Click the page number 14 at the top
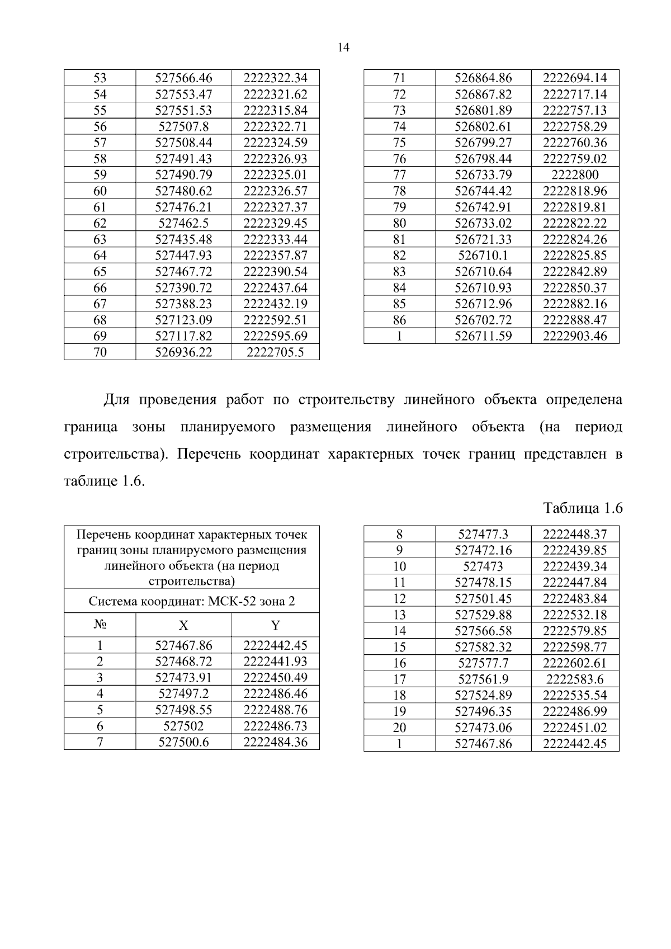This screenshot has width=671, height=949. tap(343, 48)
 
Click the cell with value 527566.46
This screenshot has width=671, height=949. tap(183, 78)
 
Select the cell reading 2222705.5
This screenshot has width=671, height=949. tap(275, 352)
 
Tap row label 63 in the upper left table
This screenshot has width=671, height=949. tap(100, 239)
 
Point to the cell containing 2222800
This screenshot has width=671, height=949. tap(575, 174)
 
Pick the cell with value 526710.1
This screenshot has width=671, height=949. tap(483, 256)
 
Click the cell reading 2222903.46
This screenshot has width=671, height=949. tap(575, 336)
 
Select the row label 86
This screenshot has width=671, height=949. tap(399, 320)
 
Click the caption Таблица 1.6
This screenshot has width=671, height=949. tap(583, 508)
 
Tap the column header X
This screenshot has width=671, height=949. tap(183, 626)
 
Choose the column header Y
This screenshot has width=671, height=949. tap(275, 626)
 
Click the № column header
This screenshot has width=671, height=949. tap(100, 625)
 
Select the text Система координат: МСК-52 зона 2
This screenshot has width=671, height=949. tap(192, 602)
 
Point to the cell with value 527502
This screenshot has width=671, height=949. tap(183, 726)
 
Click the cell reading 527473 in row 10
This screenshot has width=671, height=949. tap(483, 566)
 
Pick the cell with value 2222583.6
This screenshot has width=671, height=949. tap(575, 679)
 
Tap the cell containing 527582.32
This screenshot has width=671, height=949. tap(483, 647)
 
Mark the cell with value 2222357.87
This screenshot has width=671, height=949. tap(275, 256)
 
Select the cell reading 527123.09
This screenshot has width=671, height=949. tap(183, 320)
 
